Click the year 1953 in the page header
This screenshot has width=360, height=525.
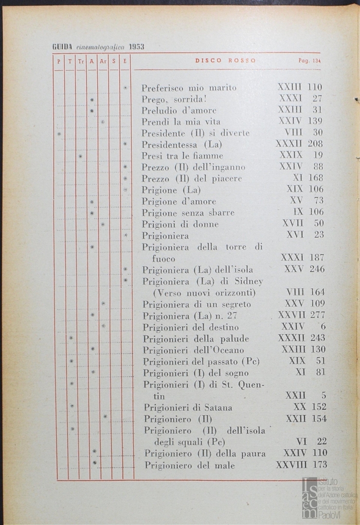point(137,47)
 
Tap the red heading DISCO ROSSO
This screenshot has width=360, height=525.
point(226,61)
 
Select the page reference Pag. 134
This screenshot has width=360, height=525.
point(310,61)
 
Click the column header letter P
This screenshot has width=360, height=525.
point(58,62)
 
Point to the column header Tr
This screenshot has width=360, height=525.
point(81,62)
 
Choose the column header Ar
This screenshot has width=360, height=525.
point(103,62)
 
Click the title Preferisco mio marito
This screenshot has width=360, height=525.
point(189,88)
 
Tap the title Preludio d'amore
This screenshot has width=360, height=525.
point(179,110)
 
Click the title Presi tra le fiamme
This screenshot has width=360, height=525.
point(182,156)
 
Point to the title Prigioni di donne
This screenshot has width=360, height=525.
point(180,224)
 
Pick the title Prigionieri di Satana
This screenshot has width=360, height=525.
point(188,407)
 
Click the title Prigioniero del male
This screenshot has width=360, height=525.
point(190,465)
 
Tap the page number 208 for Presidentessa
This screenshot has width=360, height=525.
point(315,144)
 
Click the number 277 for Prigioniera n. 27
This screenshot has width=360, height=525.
point(317,315)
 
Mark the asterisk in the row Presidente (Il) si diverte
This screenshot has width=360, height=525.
point(59,133)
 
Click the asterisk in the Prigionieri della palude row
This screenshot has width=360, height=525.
point(71,337)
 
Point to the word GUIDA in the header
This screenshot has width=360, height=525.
point(62,47)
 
